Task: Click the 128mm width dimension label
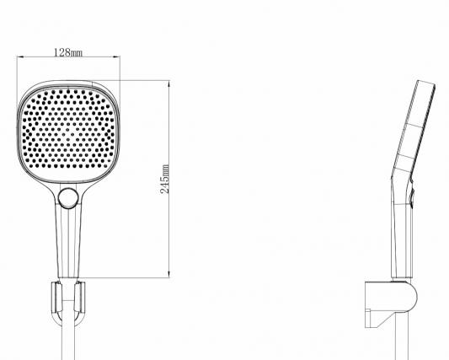(68, 52)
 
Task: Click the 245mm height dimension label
(165, 179)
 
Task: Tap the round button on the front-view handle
(68, 197)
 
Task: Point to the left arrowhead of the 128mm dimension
(20, 56)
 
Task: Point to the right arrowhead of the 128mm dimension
(117, 56)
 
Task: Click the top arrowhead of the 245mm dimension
(169, 84)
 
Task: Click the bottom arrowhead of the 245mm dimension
(169, 274)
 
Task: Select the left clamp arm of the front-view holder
(56, 298)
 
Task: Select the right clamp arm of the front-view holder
(79, 298)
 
